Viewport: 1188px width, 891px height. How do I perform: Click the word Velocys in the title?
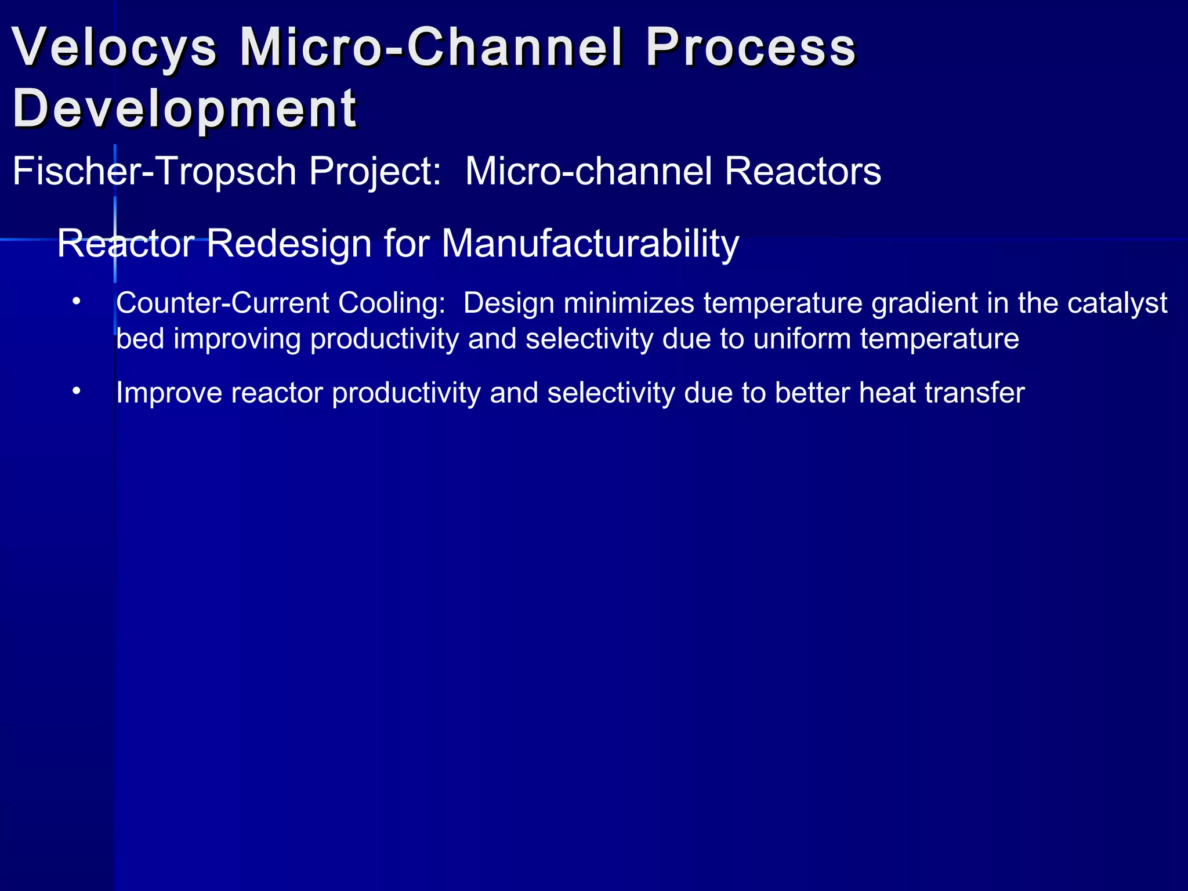point(114,48)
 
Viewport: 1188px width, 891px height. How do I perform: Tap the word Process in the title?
point(751,48)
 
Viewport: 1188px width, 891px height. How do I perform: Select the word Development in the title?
point(184,109)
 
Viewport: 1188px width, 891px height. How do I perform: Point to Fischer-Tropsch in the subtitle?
point(154,172)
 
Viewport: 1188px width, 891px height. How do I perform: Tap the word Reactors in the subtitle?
point(803,172)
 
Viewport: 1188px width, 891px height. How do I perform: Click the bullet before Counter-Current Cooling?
point(76,303)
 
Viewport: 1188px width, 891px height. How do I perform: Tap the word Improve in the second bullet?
point(169,393)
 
